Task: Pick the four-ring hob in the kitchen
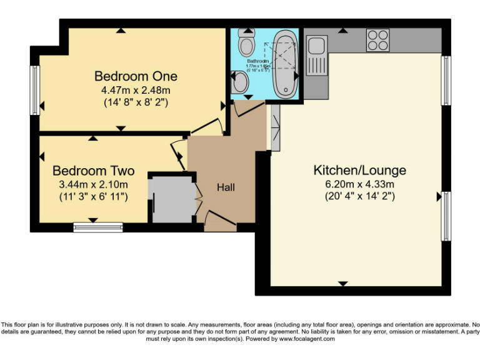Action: [x=377, y=40]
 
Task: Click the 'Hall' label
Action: [x=226, y=187]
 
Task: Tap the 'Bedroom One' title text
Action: [x=136, y=76]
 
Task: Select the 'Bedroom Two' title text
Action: [x=94, y=171]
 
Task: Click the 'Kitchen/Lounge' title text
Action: [x=359, y=170]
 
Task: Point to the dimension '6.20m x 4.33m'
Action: [x=359, y=184]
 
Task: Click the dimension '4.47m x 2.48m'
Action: [x=136, y=90]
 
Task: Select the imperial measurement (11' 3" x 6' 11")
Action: [x=93, y=197]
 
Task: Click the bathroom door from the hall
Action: [x=247, y=107]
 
